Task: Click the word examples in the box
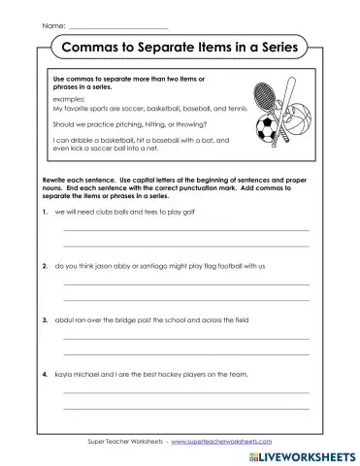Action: coord(69,100)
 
